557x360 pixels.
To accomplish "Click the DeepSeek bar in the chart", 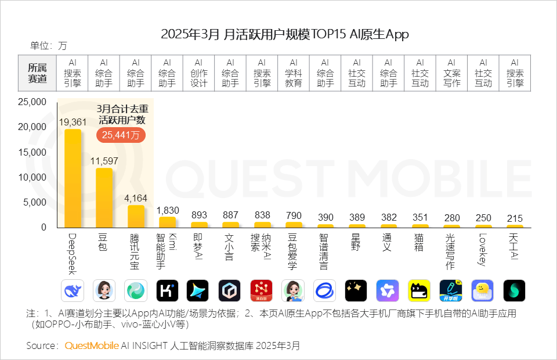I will point(73,178).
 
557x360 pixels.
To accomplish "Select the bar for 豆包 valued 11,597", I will point(104,198).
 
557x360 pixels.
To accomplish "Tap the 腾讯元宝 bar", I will point(136,216).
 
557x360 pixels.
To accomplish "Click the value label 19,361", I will point(73,122).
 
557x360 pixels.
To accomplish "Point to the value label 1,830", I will point(167,210).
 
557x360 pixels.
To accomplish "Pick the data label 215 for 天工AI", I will point(515,218).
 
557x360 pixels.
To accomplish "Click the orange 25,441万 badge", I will point(121,135).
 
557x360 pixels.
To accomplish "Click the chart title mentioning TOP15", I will point(284,34).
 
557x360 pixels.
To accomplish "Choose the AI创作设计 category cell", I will point(198,73).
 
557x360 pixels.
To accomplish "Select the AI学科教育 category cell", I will point(294,73).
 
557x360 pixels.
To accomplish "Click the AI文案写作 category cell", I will point(451,73).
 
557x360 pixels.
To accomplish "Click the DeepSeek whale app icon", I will point(72,290).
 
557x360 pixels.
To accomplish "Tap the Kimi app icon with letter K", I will point(167,290).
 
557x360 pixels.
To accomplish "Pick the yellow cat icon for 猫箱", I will point(419,290).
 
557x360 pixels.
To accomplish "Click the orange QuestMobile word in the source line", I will point(92,345).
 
